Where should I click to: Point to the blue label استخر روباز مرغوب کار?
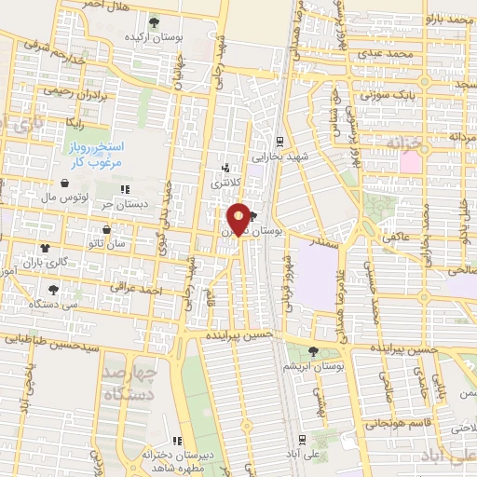pyautogui.click(x=93, y=155)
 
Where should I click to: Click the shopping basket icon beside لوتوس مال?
pyautogui.click(x=64, y=184)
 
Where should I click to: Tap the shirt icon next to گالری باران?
pyautogui.click(x=45, y=248)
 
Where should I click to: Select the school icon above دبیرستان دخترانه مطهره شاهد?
pyautogui.click(x=177, y=441)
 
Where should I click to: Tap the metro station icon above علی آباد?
pyautogui.click(x=301, y=440)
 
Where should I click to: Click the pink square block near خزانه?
pyautogui.click(x=410, y=161)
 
